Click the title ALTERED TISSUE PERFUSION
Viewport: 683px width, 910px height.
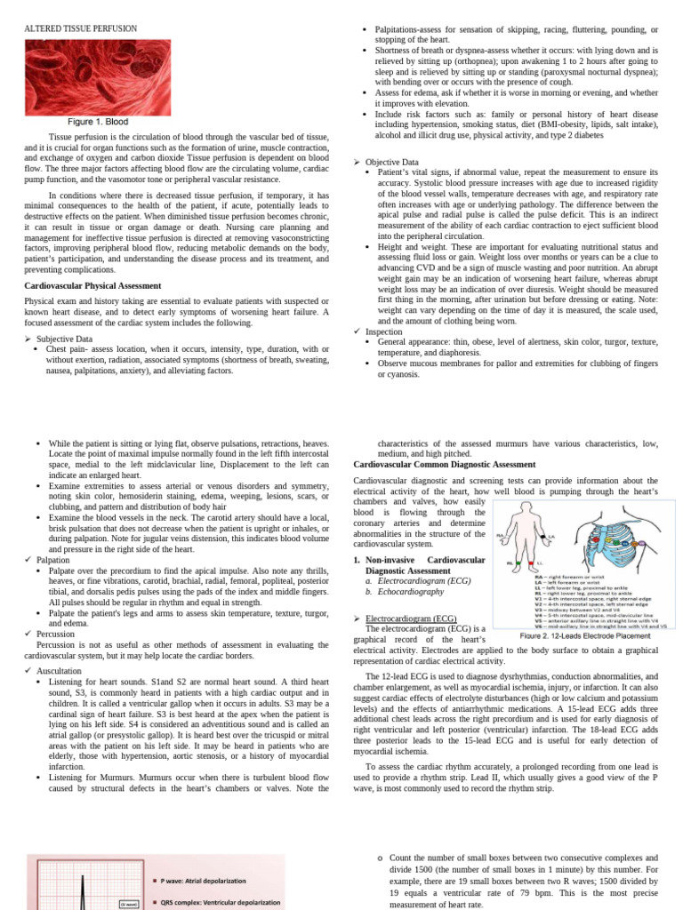pyautogui.click(x=81, y=28)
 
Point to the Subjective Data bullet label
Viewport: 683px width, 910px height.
pyautogui.click(x=64, y=339)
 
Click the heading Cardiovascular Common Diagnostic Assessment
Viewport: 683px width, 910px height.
pyautogui.click(x=445, y=464)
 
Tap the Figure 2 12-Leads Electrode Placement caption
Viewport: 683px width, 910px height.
pyautogui.click(x=586, y=636)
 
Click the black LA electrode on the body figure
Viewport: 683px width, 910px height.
pyautogui.click(x=549, y=536)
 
